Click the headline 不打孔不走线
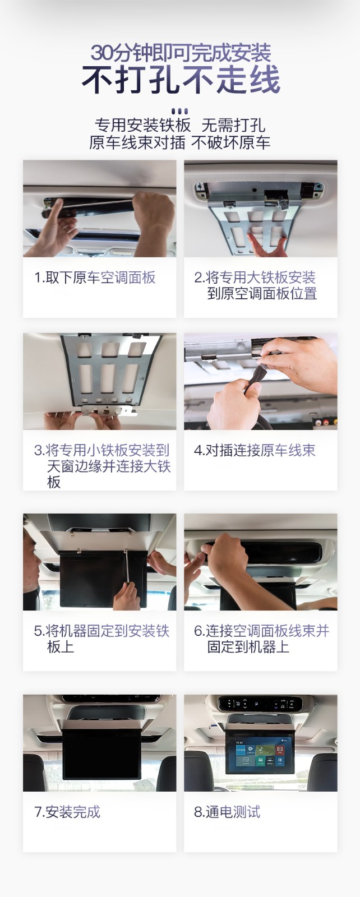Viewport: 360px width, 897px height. [x=181, y=80]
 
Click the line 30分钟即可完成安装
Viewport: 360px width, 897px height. [x=181, y=53]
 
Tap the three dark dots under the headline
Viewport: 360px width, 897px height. [x=179, y=111]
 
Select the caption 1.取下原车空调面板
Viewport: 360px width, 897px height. [x=95, y=278]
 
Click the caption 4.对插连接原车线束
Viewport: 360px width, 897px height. [x=255, y=450]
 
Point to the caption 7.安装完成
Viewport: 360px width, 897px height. [x=67, y=812]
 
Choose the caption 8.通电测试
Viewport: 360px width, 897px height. [x=227, y=812]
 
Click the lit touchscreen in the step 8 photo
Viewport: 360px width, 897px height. [x=261, y=753]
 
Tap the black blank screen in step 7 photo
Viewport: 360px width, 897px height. [x=102, y=753]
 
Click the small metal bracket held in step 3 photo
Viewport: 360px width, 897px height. [x=109, y=410]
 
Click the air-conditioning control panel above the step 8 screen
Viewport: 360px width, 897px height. [x=260, y=703]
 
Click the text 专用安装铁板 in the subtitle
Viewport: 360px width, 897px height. [x=142, y=125]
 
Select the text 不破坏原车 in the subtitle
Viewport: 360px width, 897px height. [x=230, y=142]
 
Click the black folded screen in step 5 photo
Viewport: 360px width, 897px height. [x=103, y=579]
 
